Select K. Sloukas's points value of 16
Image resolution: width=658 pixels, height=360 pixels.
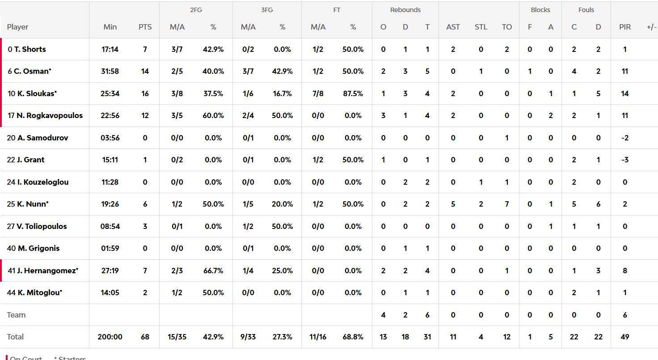tap(145, 93)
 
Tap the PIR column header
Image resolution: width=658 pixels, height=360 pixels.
tap(625, 27)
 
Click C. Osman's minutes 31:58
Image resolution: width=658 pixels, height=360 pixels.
tap(110, 71)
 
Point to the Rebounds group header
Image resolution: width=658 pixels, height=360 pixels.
tap(405, 10)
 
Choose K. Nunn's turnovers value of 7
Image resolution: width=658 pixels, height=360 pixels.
tap(506, 204)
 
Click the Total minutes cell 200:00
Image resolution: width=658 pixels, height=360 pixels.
tap(110, 337)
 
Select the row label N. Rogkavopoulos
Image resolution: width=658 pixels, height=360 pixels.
tap(49, 115)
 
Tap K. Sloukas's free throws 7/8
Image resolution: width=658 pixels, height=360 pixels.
tap(318, 93)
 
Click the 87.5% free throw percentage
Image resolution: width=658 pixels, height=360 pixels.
tap(353, 93)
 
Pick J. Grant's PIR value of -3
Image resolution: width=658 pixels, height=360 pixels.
tap(625, 160)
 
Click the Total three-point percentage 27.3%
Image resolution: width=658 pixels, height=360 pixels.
tap(283, 337)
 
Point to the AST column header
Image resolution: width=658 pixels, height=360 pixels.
tap(453, 27)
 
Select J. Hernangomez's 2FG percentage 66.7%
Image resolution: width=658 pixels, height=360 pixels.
tap(213, 271)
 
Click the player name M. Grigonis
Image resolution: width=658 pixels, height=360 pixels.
tap(38, 248)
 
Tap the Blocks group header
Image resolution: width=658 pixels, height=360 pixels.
tap(540, 10)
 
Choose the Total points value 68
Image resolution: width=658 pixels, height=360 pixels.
tap(145, 337)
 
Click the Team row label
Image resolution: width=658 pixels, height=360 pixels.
tap(16, 315)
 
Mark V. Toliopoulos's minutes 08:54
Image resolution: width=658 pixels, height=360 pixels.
tap(110, 226)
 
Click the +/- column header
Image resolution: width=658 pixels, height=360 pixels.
tap(651, 27)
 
